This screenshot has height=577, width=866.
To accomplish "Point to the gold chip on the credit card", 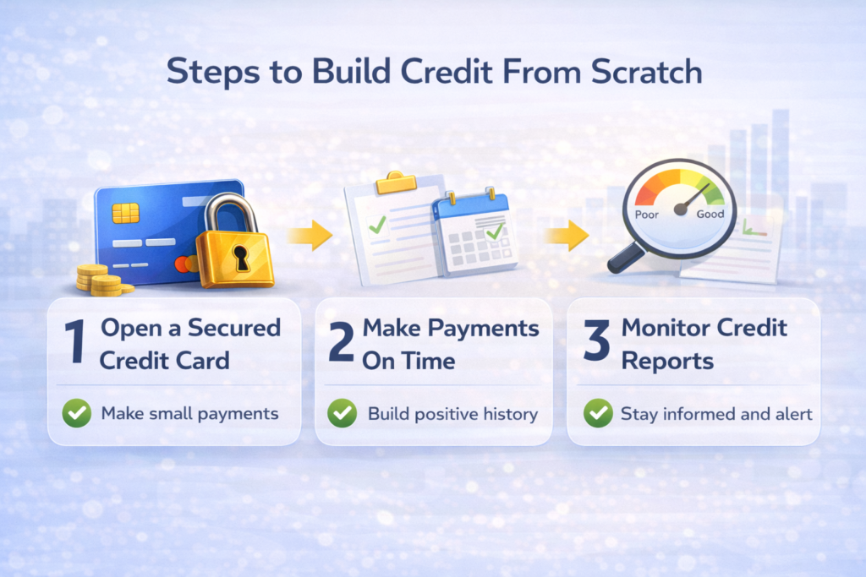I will tap(125, 213).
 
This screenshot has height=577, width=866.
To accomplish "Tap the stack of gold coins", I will tap(99, 280).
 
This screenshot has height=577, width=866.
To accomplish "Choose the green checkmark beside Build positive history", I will tap(342, 414).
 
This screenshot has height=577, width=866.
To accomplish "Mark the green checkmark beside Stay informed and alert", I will tap(597, 414).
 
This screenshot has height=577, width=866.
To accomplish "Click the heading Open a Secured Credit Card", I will tap(190, 344).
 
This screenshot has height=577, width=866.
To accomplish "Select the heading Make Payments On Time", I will tap(450, 344).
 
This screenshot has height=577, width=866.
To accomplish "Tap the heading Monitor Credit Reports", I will tap(704, 344).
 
